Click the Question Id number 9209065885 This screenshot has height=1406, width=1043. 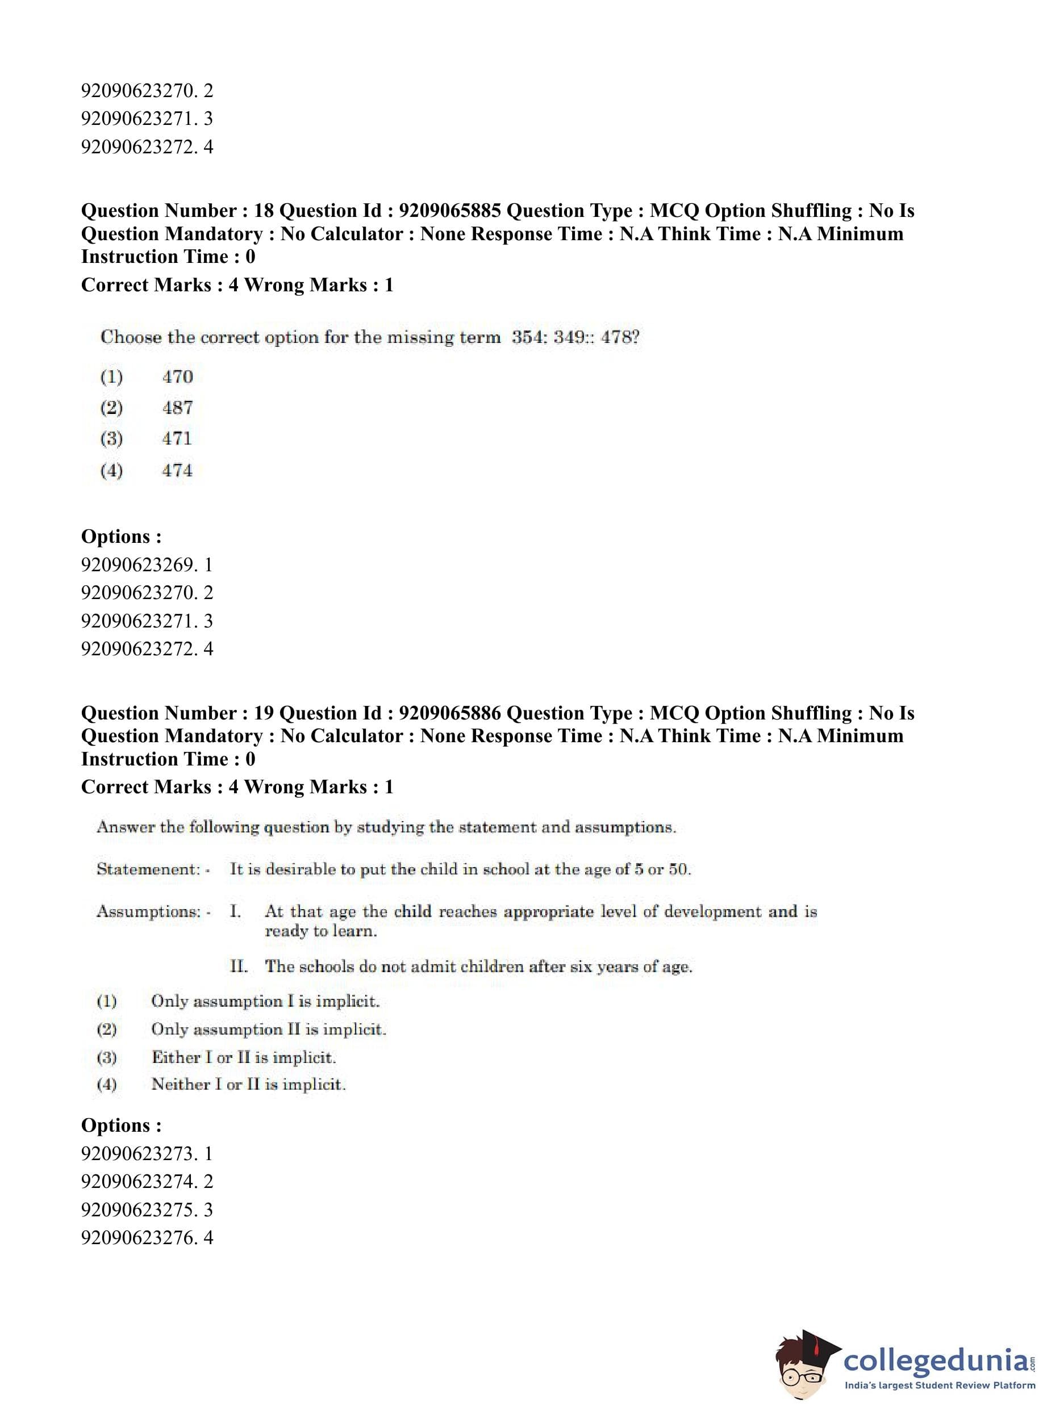coord(449,211)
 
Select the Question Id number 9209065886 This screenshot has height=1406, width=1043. coord(449,713)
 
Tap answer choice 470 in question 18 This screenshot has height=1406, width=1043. coord(177,376)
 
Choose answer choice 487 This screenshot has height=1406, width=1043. coord(177,408)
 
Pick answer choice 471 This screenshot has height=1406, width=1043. coord(177,438)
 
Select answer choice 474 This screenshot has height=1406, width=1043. coord(177,470)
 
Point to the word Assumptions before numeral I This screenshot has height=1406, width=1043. coord(148,912)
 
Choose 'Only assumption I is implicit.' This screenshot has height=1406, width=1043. coord(265,1002)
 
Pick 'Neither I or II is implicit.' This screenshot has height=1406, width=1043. coord(248,1085)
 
